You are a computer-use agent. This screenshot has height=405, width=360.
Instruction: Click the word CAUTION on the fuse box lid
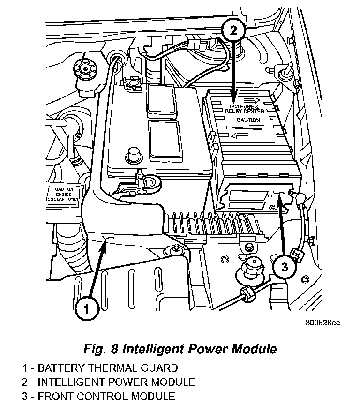pyautogui.click(x=248, y=120)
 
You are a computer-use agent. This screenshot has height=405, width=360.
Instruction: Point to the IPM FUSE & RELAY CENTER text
pyautogui.click(x=247, y=109)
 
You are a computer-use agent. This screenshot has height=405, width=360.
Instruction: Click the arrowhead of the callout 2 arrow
pyautogui.click(x=234, y=97)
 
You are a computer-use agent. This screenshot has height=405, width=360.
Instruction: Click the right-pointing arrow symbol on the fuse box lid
pyautogui.click(x=257, y=100)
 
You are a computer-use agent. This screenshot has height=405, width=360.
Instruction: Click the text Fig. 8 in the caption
pyautogui.click(x=101, y=349)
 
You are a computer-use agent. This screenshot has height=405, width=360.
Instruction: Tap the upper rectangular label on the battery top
pyautogui.click(x=160, y=100)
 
